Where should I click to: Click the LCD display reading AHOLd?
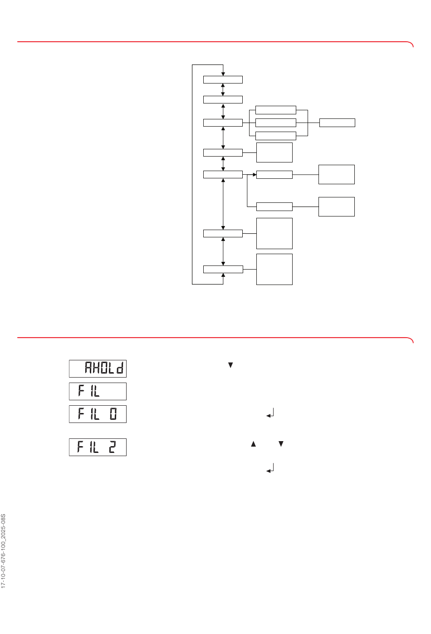pos(98,369)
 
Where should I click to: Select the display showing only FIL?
pos(98,391)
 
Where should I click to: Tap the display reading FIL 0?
pos(98,414)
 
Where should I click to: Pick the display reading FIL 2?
pos(98,447)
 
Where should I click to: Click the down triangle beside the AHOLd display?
pos(230,365)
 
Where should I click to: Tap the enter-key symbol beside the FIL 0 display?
pos(270,413)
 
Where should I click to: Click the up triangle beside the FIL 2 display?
pos(253,444)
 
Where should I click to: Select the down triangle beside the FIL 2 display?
pos(281,444)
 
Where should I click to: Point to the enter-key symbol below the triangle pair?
pos(270,468)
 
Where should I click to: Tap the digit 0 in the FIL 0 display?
pos(113,414)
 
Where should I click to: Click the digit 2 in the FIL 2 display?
pos(113,447)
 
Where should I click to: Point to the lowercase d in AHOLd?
pos(120,368)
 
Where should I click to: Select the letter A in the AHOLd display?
pos(88,368)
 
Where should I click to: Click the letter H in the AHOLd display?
pos(97,368)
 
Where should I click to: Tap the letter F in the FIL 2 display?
pos(81,447)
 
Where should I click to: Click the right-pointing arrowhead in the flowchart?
pos(255,175)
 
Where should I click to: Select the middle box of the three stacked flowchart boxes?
pos(276,123)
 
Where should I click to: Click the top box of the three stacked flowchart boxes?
pos(276,110)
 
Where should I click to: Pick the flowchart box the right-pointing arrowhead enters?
pos(274,175)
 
